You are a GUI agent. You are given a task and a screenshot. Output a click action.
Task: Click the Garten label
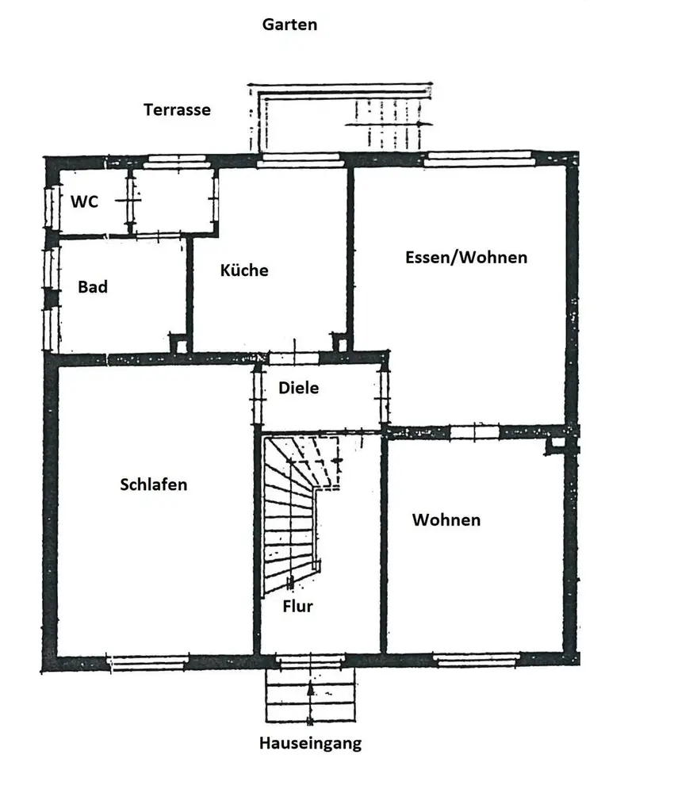(x=289, y=25)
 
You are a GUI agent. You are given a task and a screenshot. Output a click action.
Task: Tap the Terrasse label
(x=177, y=109)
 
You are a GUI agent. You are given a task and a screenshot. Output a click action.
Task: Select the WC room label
(x=84, y=201)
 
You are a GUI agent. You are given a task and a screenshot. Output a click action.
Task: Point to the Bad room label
(x=92, y=287)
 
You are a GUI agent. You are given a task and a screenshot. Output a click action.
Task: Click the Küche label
(x=243, y=270)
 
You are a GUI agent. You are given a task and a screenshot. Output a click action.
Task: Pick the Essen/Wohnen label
(x=465, y=257)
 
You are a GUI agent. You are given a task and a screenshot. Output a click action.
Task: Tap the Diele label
(x=298, y=388)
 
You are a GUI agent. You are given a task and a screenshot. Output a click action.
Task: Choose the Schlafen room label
(x=154, y=484)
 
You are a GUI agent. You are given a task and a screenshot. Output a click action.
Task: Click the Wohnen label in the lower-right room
(x=446, y=520)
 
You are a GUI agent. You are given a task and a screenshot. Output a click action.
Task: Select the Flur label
(x=297, y=607)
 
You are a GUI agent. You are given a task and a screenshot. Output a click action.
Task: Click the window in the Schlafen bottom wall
(x=147, y=660)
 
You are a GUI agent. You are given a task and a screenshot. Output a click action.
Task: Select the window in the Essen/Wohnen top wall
(x=477, y=158)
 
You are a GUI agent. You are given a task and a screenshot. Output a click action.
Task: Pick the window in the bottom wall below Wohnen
(x=477, y=660)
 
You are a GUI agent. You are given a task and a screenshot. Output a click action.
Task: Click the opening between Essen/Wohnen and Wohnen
(x=474, y=432)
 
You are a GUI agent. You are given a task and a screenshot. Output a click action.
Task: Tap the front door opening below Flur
(x=310, y=660)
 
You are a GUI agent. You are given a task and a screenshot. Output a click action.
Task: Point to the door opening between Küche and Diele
(x=293, y=358)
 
